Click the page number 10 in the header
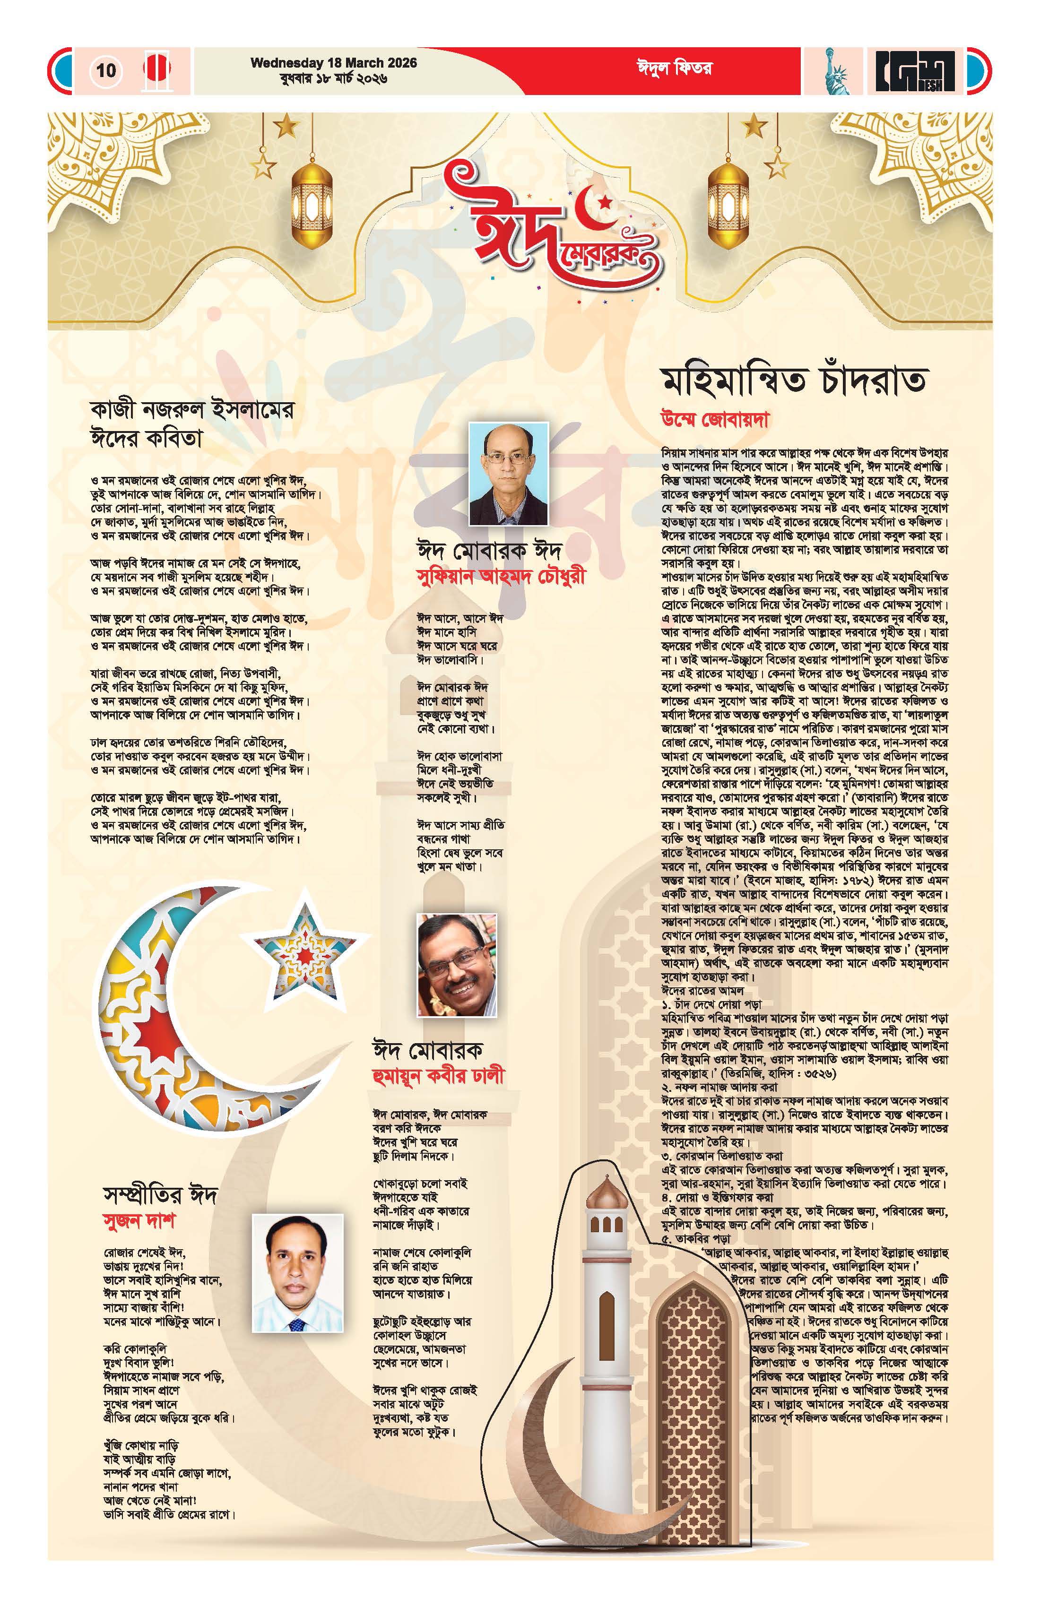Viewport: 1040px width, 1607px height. pos(106,70)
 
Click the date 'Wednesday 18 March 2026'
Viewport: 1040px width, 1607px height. pos(334,63)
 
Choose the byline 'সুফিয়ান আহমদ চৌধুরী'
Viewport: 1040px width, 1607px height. pos(502,577)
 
